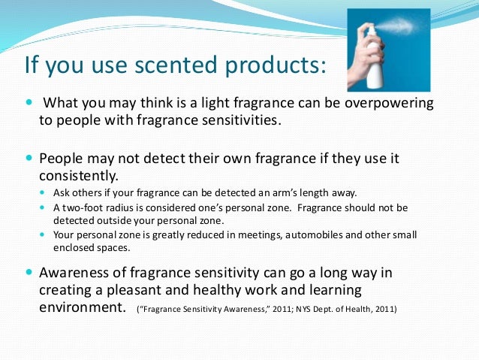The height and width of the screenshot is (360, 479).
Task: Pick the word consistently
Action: pos(78,177)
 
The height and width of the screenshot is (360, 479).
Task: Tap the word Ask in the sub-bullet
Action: pos(62,193)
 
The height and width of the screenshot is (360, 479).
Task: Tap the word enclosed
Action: pos(76,247)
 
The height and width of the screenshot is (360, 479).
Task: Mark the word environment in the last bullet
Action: pos(80,308)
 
